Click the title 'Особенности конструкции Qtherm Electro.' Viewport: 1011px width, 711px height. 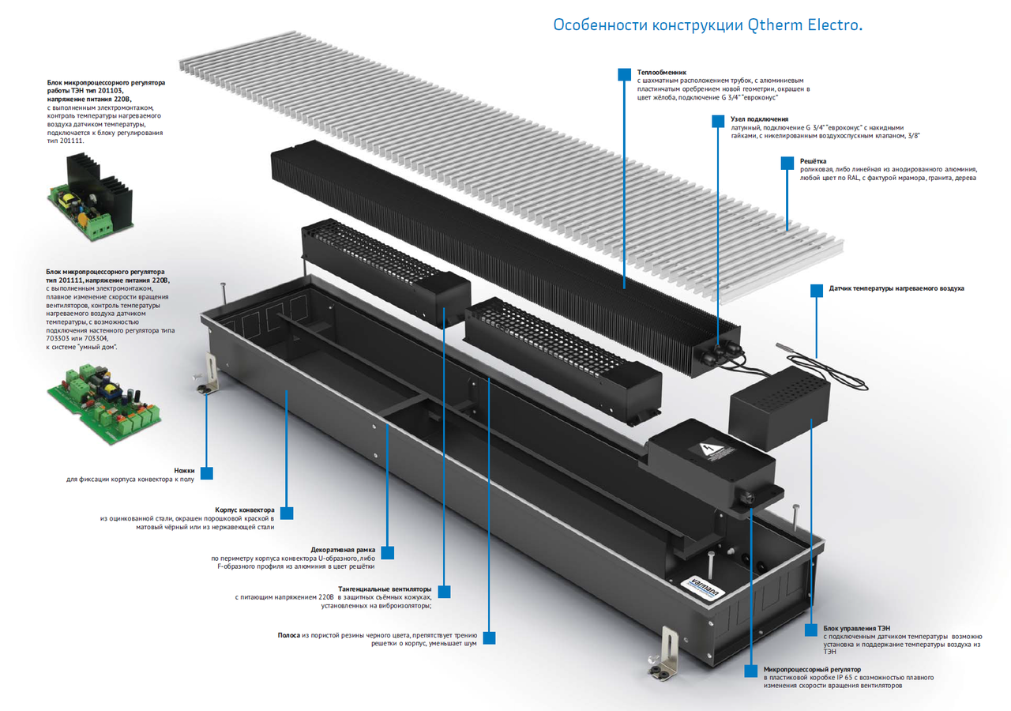[707, 24]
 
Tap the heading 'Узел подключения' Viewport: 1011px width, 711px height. [759, 119]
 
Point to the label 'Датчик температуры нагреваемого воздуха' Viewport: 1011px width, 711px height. [896, 288]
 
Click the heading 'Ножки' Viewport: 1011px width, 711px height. [184, 470]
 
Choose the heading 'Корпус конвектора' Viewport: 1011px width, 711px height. [245, 510]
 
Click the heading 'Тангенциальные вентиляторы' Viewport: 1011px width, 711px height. [385, 589]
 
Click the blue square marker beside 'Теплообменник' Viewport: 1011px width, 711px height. [623, 73]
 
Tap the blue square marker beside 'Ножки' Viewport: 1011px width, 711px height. [207, 472]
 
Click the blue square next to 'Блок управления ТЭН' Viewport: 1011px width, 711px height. [810, 630]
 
